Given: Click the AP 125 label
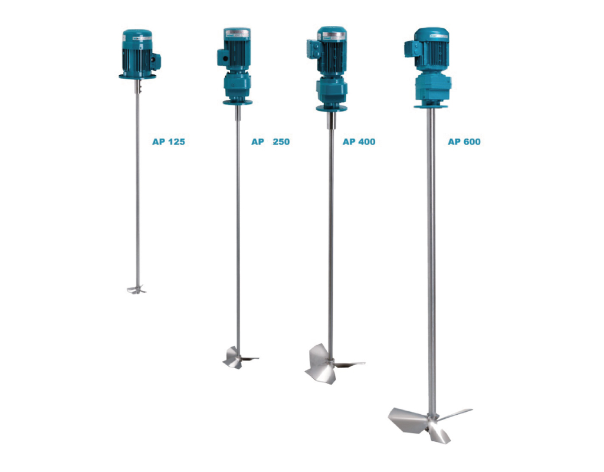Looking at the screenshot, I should pos(168,142).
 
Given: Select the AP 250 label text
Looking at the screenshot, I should pos(270,142).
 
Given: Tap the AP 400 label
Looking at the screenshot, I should pos(359,142).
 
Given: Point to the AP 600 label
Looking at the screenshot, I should pos(464,142).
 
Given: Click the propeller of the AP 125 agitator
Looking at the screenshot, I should pos(136,289).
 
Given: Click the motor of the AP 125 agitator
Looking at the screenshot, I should pos(136,53).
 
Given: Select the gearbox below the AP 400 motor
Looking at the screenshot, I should pos(332,91).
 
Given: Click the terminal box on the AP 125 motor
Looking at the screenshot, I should pos(156,60).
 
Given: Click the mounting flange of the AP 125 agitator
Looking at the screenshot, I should pos(137,76).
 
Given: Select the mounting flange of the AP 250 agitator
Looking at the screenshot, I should pos(238,102).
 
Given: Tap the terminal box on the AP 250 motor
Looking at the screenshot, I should pos(223,57).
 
